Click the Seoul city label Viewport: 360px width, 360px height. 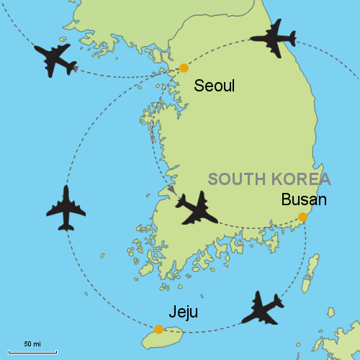tap(215, 86)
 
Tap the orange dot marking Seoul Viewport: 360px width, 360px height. tap(184, 68)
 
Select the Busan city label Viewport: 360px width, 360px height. tap(304, 199)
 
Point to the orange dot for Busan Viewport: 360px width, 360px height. tap(302, 217)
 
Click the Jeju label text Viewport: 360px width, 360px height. tap(183, 312)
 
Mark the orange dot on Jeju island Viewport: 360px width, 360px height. tap(158, 329)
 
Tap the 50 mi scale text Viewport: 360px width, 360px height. tap(32, 342)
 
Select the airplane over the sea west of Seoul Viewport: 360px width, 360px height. tap(54, 60)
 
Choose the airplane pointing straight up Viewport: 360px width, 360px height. tap(66, 209)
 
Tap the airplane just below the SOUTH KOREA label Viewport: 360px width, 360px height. tap(197, 208)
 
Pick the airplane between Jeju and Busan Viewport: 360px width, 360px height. tap(261, 308)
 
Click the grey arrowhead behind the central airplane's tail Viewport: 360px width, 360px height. tap(171, 189)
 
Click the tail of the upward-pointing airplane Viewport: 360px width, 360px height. tap(66, 226)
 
